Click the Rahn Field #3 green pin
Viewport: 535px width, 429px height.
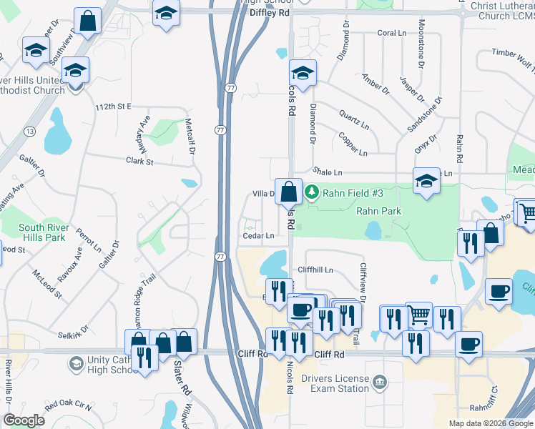pos(312,192)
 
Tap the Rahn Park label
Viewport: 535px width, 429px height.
pos(378,211)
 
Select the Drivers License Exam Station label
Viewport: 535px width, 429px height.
pos(335,383)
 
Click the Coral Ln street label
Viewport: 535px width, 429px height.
pos(391,33)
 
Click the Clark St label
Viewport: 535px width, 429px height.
pos(140,162)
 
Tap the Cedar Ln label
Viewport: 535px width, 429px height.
pos(259,235)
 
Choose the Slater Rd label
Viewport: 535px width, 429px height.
pos(180,380)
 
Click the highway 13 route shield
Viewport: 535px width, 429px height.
pos(30,132)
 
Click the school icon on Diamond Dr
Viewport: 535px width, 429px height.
pos(303,73)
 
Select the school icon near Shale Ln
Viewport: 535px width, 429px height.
pos(426,181)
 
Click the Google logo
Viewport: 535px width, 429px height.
pos(24,421)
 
